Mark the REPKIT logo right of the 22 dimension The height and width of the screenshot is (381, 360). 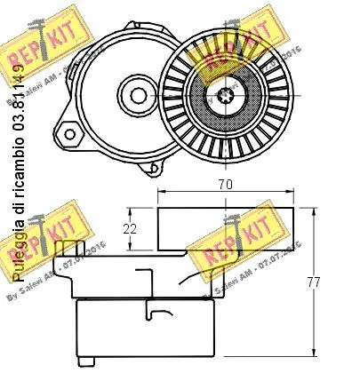point(224,248)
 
